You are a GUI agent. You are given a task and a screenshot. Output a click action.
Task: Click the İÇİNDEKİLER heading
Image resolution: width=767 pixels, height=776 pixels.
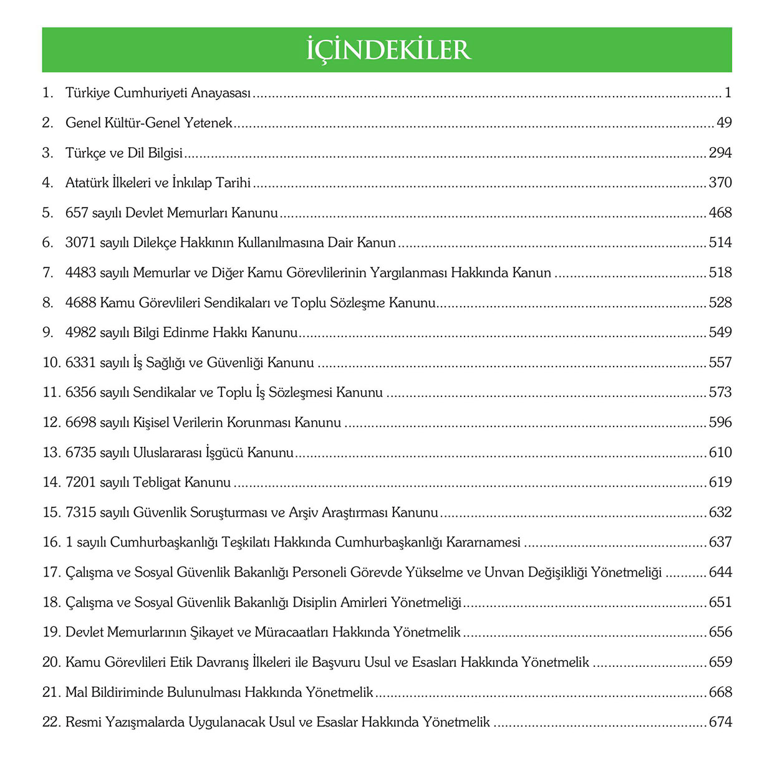(388, 50)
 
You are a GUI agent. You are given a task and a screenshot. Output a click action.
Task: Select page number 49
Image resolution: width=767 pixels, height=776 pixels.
(724, 123)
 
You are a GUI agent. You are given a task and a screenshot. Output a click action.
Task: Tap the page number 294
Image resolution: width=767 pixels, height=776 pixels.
(720, 153)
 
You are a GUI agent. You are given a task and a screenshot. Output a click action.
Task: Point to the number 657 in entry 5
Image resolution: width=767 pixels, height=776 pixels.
(77, 213)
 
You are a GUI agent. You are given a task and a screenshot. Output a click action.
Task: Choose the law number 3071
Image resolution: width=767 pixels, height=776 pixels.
(81, 242)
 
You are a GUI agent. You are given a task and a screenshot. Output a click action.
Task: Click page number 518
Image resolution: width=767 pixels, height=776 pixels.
(720, 272)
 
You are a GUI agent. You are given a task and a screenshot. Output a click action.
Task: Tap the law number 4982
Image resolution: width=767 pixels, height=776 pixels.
(81, 332)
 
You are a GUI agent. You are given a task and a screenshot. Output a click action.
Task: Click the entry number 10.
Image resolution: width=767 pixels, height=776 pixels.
(51, 362)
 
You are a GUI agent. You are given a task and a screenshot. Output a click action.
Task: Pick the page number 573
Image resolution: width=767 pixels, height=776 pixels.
(720, 392)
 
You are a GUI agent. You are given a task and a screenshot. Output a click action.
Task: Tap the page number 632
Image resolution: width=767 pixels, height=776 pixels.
(720, 512)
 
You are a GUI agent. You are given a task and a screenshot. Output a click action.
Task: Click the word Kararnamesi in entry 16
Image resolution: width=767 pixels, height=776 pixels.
(483, 542)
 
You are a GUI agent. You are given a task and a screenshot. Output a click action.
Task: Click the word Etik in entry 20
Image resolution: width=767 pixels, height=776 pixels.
(181, 662)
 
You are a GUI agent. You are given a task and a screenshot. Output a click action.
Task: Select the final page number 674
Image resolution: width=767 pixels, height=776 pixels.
(720, 722)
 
